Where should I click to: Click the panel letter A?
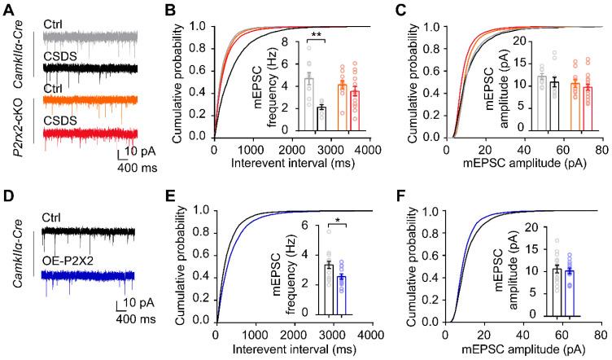[9, 10]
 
